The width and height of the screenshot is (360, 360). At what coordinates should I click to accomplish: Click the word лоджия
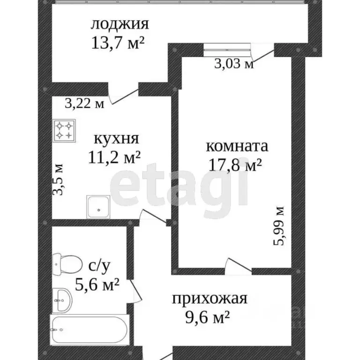pyautogui.click(x=120, y=25)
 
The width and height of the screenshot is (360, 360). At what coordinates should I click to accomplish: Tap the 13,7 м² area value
pyautogui.click(x=118, y=43)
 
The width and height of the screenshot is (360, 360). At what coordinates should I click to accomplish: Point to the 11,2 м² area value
pyautogui.click(x=114, y=157)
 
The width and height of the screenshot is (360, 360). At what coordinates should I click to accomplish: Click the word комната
pyautogui.click(x=237, y=146)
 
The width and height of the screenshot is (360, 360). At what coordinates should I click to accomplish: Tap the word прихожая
pyautogui.click(x=210, y=299)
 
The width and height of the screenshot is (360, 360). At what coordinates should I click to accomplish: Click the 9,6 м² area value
pyautogui.click(x=207, y=317)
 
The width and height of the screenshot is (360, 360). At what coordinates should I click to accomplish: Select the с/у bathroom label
pyautogui.click(x=99, y=267)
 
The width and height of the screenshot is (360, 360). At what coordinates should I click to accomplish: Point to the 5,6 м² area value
pyautogui.click(x=97, y=285)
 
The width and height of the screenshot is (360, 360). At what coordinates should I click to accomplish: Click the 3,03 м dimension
pyautogui.click(x=234, y=64)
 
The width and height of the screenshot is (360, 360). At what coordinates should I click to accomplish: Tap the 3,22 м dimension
pyautogui.click(x=85, y=103)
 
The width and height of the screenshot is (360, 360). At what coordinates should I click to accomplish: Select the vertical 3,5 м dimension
pyautogui.click(x=57, y=179)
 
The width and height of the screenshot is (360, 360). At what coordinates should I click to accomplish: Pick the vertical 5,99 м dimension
pyautogui.click(x=279, y=226)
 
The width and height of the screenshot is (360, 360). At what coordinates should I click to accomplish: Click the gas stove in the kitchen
pyautogui.click(x=64, y=130)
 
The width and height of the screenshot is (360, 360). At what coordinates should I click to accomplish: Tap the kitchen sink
pyautogui.click(x=98, y=207)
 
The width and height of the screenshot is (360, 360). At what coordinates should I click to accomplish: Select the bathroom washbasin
pyautogui.click(x=62, y=300)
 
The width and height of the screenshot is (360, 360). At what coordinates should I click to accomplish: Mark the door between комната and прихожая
pyautogui.click(x=238, y=266)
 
